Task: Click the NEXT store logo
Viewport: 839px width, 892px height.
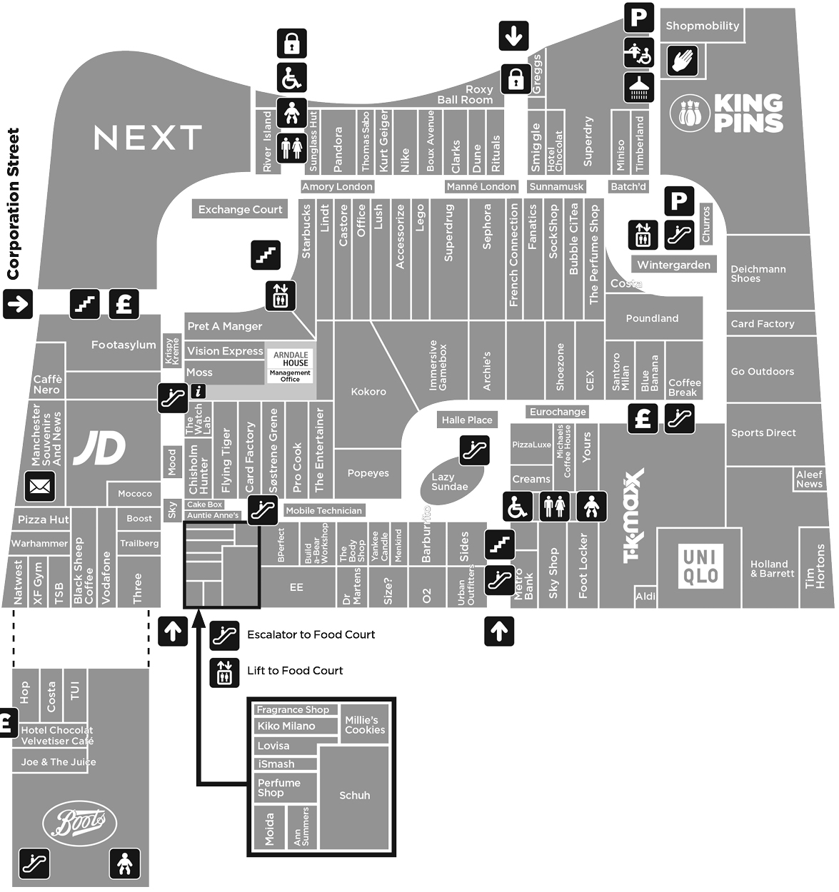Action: [148, 138]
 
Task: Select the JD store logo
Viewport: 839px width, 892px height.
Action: [100, 449]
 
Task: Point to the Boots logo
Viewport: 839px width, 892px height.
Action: [79, 823]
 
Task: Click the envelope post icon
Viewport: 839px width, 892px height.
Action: [39, 487]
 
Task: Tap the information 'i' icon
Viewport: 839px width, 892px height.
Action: [199, 390]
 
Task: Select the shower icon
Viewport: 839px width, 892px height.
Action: [638, 86]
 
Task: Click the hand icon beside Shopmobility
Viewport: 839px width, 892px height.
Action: [683, 61]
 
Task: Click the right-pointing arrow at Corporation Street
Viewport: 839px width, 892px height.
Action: [18, 303]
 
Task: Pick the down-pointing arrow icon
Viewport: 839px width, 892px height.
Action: [513, 35]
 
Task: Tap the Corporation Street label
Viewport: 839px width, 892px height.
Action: [13, 204]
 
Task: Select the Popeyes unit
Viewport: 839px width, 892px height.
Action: [368, 473]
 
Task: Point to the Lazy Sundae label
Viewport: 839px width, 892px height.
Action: [449, 482]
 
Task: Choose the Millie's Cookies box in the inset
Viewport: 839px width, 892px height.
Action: [365, 724]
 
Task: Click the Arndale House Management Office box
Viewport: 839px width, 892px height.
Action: [290, 366]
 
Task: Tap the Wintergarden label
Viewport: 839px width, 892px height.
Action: [674, 265]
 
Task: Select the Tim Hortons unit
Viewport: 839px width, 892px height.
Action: [815, 567]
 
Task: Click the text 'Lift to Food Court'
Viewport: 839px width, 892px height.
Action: [295, 671]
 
